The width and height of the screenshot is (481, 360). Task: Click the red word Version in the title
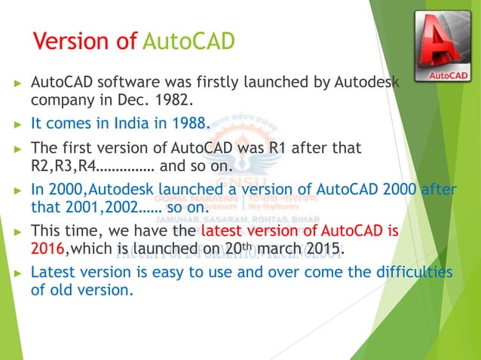(x=76, y=39)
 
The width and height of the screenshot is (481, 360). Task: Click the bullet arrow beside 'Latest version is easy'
(x=17, y=272)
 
